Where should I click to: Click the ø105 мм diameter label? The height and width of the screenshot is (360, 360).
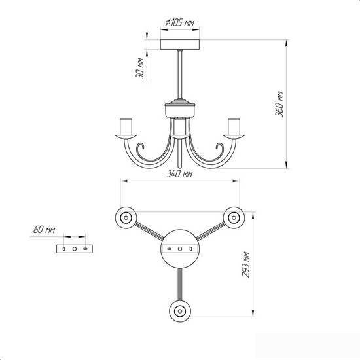(x=180, y=22)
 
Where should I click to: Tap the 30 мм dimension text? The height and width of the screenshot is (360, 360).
(x=140, y=69)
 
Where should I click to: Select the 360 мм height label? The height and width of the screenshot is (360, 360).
(x=279, y=104)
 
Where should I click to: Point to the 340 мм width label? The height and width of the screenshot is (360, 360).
(x=179, y=174)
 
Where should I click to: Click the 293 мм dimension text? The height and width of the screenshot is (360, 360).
(x=245, y=264)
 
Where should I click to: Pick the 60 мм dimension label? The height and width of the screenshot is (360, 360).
(x=44, y=230)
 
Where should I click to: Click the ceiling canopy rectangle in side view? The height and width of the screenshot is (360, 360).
(x=180, y=45)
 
